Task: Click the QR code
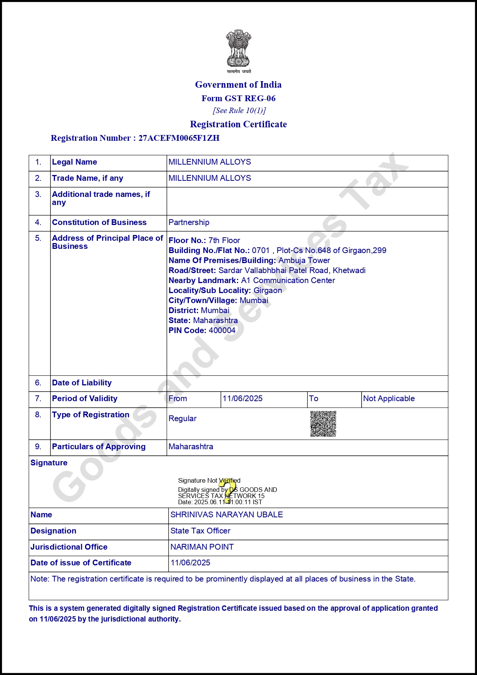pos(323,424)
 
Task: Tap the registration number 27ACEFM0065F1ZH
pos(179,138)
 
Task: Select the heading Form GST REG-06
pos(239,98)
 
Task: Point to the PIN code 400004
pos(222,330)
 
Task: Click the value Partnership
pos(189,222)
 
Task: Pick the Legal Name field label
pos(74,162)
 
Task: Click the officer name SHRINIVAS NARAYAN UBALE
pos(227,515)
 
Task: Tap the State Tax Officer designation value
pos(200,531)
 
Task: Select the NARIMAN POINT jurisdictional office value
pos(202,547)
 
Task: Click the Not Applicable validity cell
pos(389,398)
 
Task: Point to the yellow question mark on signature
pos(229,490)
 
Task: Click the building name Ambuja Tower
pos(304,260)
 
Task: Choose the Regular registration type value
pos(182,418)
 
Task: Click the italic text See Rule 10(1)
pos(239,111)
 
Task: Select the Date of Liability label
pos(82,383)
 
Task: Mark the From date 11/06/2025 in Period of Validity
pos(242,398)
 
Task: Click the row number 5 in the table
pos(38,238)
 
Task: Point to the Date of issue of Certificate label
pos(81,563)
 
